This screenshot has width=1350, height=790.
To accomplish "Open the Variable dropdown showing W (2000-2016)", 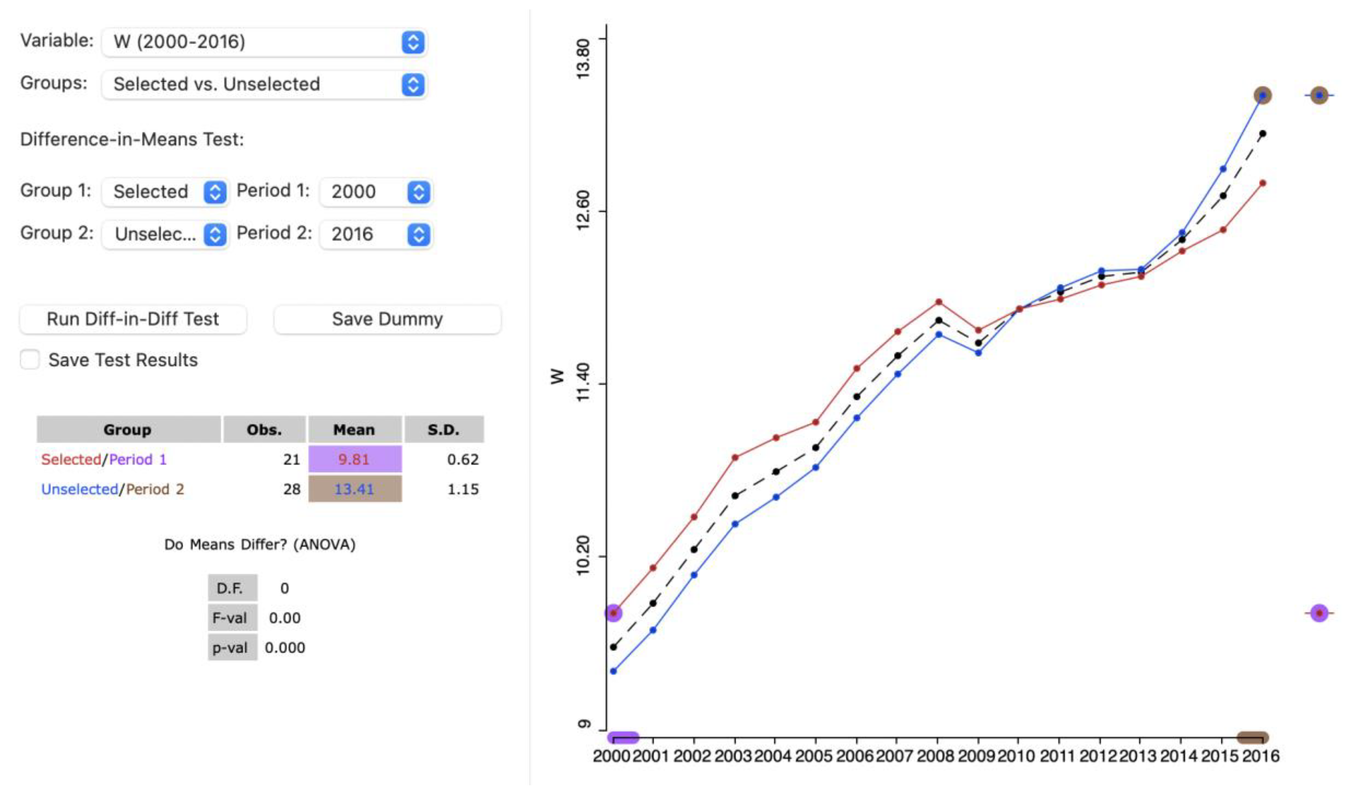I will [264, 42].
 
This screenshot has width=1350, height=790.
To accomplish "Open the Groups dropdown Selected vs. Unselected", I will [264, 84].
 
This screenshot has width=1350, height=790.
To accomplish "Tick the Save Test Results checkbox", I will [30, 359].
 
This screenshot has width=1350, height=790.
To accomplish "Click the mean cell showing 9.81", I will [355, 459].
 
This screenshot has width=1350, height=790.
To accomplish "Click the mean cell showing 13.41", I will [355, 489].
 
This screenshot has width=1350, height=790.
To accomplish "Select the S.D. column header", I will [443, 430].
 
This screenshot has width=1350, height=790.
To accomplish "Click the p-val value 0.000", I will [284, 648].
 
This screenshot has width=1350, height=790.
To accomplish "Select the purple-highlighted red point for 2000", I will [613, 613].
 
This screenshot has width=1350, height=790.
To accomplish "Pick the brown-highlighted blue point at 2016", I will [1263, 96].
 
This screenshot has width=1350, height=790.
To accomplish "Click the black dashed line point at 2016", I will [1263, 133].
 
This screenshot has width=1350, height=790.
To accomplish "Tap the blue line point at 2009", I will [978, 353].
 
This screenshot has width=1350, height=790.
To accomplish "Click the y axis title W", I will [557, 376].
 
